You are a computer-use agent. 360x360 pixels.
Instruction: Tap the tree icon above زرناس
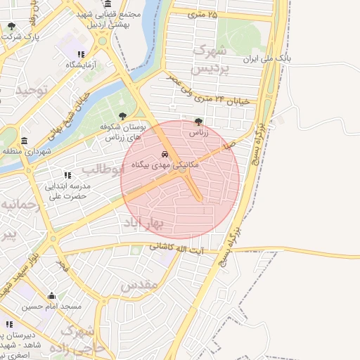(x=198, y=121)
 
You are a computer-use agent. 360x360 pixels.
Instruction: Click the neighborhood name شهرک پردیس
(x=212, y=60)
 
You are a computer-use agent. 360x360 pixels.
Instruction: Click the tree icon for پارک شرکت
(x=11, y=27)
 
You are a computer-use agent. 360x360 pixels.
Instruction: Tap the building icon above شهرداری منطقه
(x=25, y=141)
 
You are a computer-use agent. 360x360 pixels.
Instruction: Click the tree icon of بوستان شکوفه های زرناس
(x=123, y=116)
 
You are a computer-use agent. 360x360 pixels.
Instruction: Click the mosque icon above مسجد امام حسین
(x=51, y=296)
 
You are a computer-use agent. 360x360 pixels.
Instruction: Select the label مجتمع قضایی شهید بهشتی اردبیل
(x=115, y=19)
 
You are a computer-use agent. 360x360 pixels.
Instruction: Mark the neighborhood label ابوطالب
(x=102, y=169)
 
